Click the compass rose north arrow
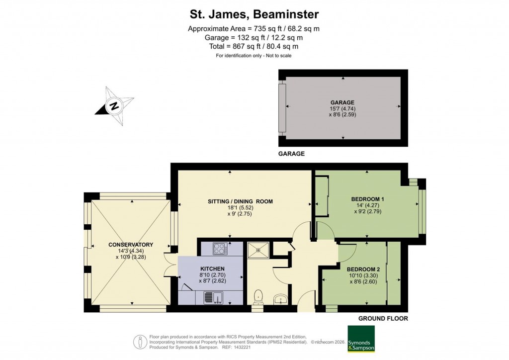pos(114,106)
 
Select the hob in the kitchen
pos(220,249)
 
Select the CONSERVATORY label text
pos(131,245)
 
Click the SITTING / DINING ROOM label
pos(241,201)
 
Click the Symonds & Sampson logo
pos(360,339)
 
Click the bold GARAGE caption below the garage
pos(291,154)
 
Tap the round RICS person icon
pos(140,342)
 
